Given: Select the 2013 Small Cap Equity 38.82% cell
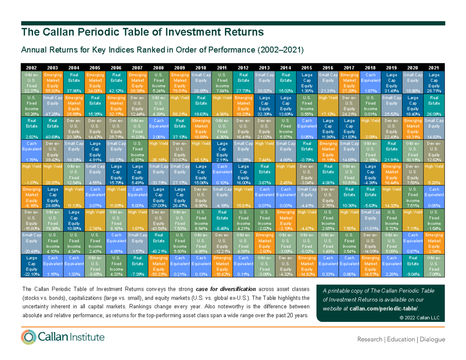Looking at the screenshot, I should tap(264, 82).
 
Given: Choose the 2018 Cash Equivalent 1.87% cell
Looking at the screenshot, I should tap(370, 82).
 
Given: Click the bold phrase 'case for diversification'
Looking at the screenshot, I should tap(226, 289).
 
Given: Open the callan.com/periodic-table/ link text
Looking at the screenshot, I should tap(384, 308).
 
